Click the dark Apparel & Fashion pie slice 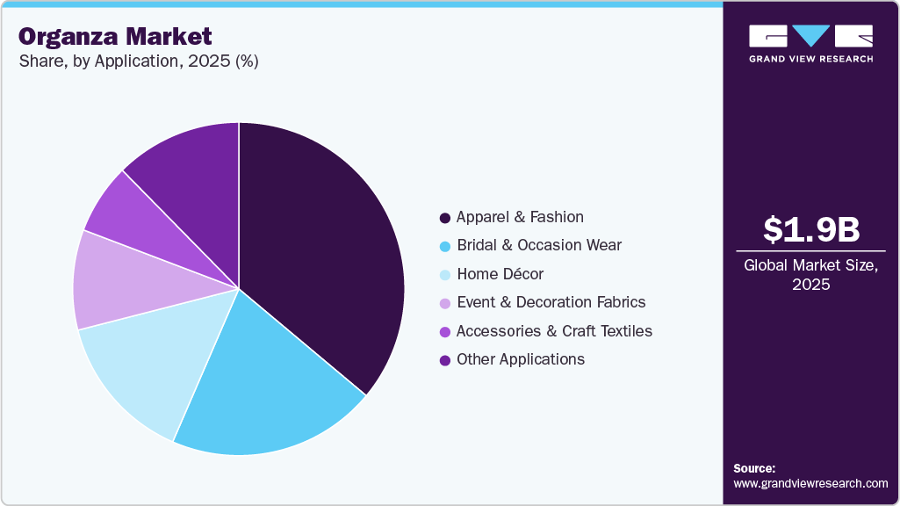click(x=325, y=255)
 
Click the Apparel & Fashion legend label click(x=520, y=217)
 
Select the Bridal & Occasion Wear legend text click(x=539, y=245)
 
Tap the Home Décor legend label click(x=500, y=274)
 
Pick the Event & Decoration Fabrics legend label click(x=551, y=302)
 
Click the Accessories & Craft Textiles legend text click(x=554, y=331)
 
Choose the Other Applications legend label click(x=521, y=359)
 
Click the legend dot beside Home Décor click(x=445, y=275)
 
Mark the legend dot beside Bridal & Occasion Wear click(x=445, y=246)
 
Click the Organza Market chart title click(x=115, y=37)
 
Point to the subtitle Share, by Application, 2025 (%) click(x=138, y=61)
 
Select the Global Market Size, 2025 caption click(x=810, y=274)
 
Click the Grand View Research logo click(x=810, y=43)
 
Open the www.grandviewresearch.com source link click(x=810, y=483)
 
